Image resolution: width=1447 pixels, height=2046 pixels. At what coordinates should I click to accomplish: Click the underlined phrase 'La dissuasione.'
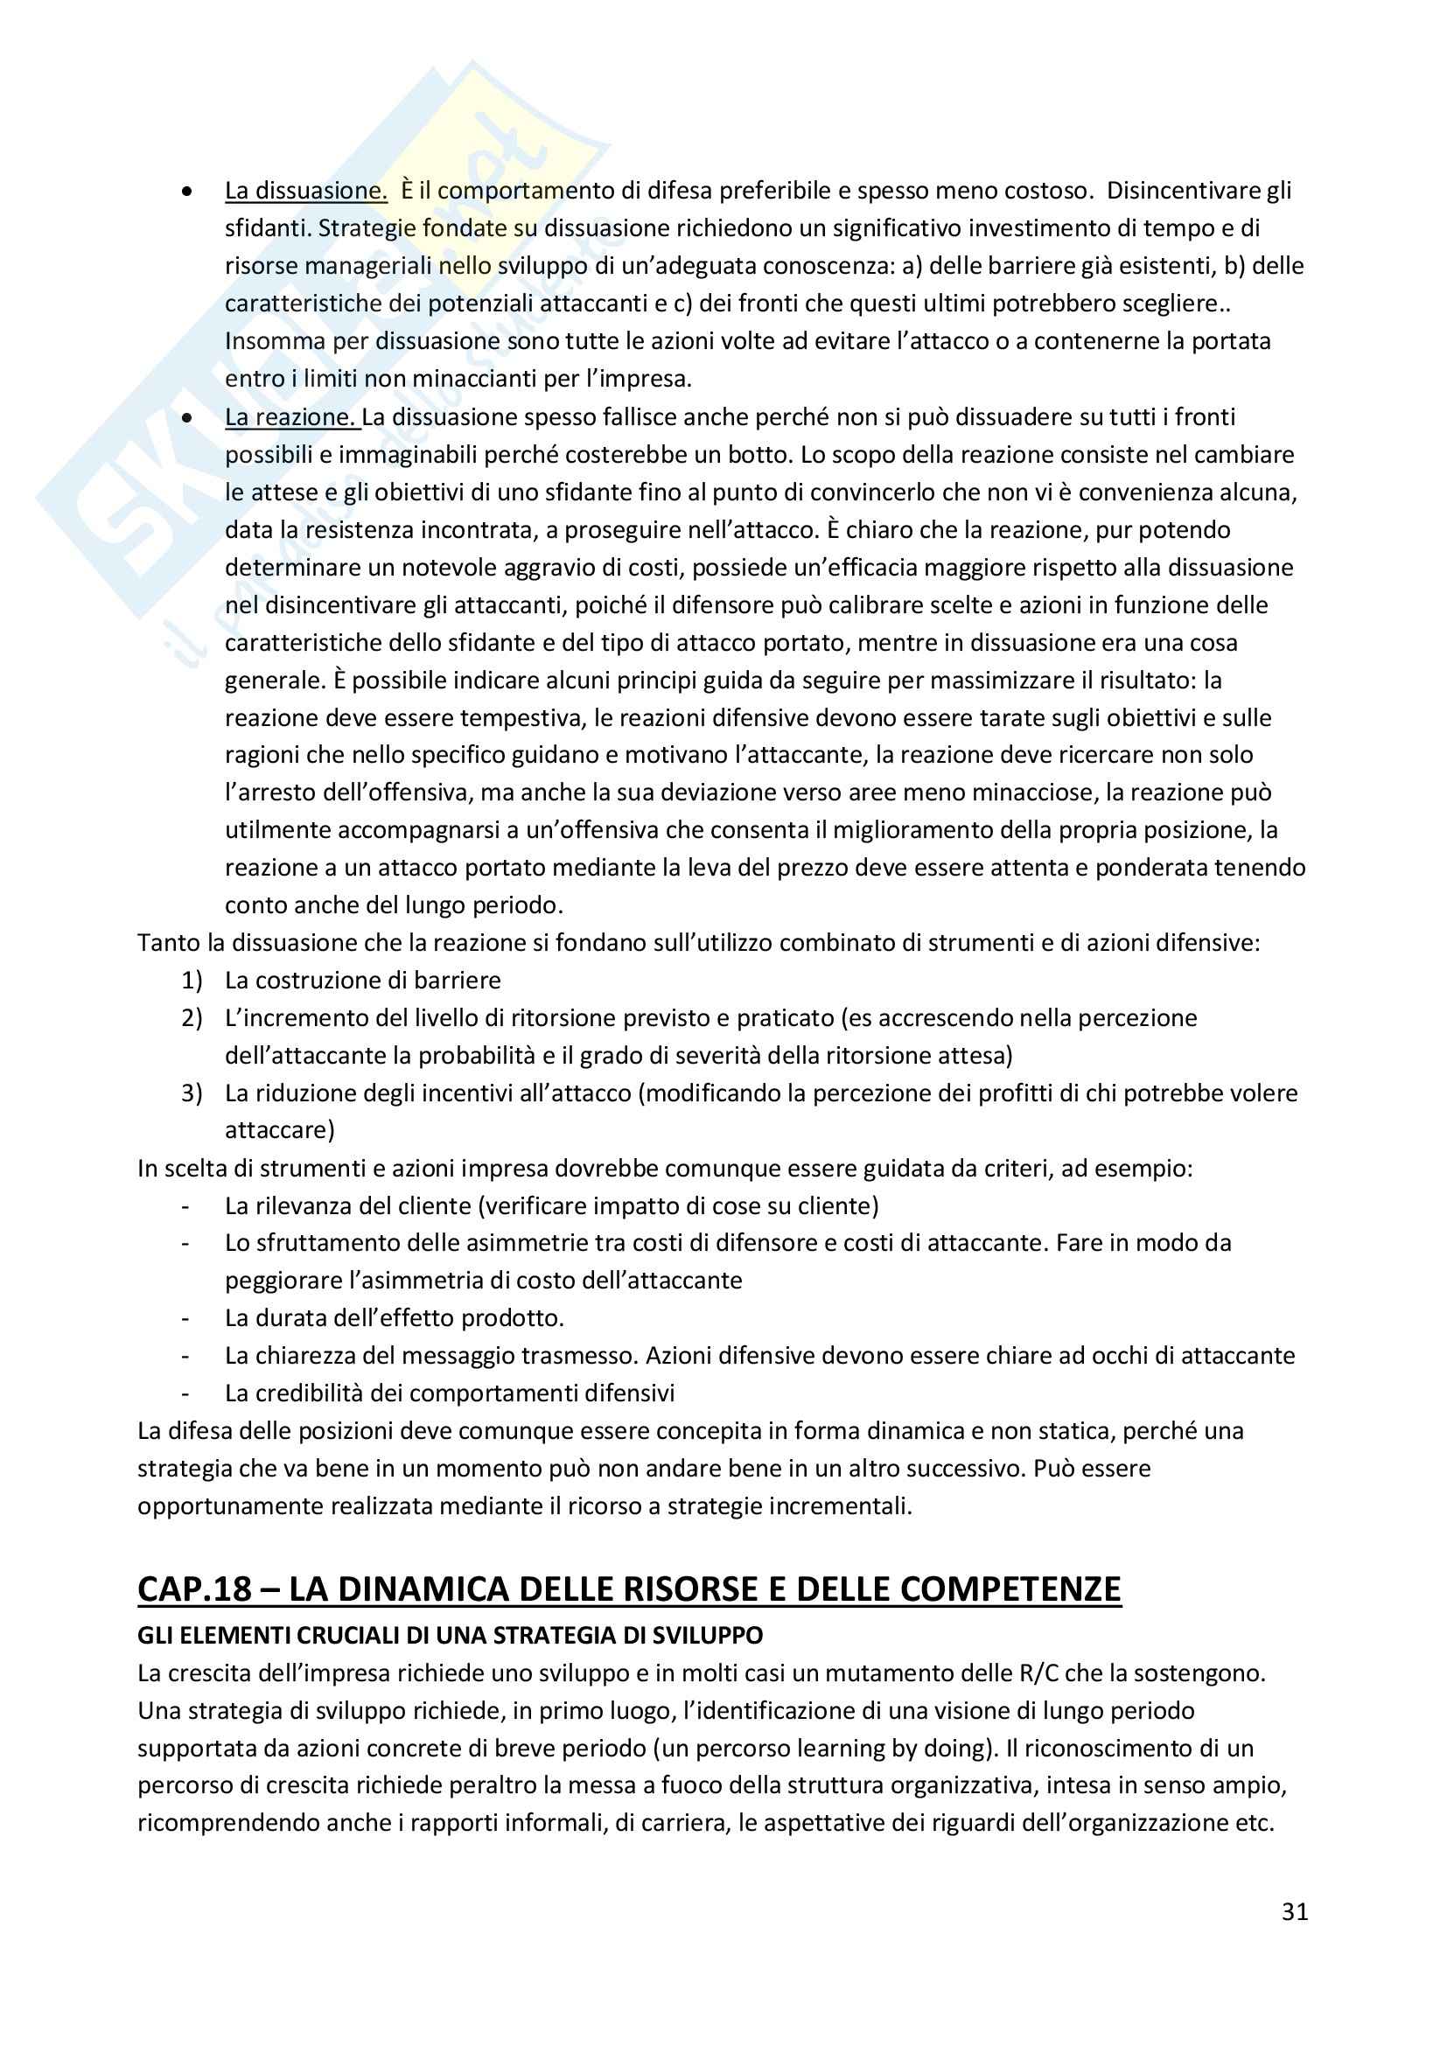pyautogui.click(x=305, y=191)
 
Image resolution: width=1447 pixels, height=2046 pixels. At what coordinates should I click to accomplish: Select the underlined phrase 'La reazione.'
pyautogui.click(x=291, y=417)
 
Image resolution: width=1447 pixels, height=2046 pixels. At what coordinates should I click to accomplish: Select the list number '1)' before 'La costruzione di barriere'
pyautogui.click(x=192, y=981)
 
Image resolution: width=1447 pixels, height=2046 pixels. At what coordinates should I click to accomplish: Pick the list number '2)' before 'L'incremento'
pyautogui.click(x=192, y=1017)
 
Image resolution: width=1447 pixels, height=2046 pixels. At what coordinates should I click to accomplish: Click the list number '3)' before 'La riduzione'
pyautogui.click(x=192, y=1093)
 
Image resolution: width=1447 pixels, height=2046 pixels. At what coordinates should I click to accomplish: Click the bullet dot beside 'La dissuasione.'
pyautogui.click(x=186, y=192)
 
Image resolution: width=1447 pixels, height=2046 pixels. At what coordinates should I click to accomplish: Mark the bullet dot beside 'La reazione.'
pyautogui.click(x=186, y=418)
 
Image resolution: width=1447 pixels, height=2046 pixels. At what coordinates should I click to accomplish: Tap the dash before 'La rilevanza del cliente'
pyautogui.click(x=185, y=1205)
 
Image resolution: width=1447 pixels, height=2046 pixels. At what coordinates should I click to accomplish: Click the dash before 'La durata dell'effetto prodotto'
pyautogui.click(x=185, y=1318)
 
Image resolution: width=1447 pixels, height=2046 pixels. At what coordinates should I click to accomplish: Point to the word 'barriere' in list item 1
pyautogui.click(x=457, y=981)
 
